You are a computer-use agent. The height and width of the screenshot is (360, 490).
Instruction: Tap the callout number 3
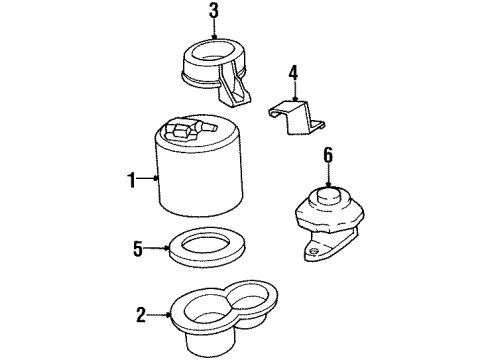[212, 13]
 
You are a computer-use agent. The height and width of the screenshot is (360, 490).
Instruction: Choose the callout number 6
[328, 156]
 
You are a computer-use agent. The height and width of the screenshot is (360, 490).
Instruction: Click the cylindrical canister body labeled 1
[197, 190]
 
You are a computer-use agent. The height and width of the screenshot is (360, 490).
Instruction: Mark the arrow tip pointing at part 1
[158, 180]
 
